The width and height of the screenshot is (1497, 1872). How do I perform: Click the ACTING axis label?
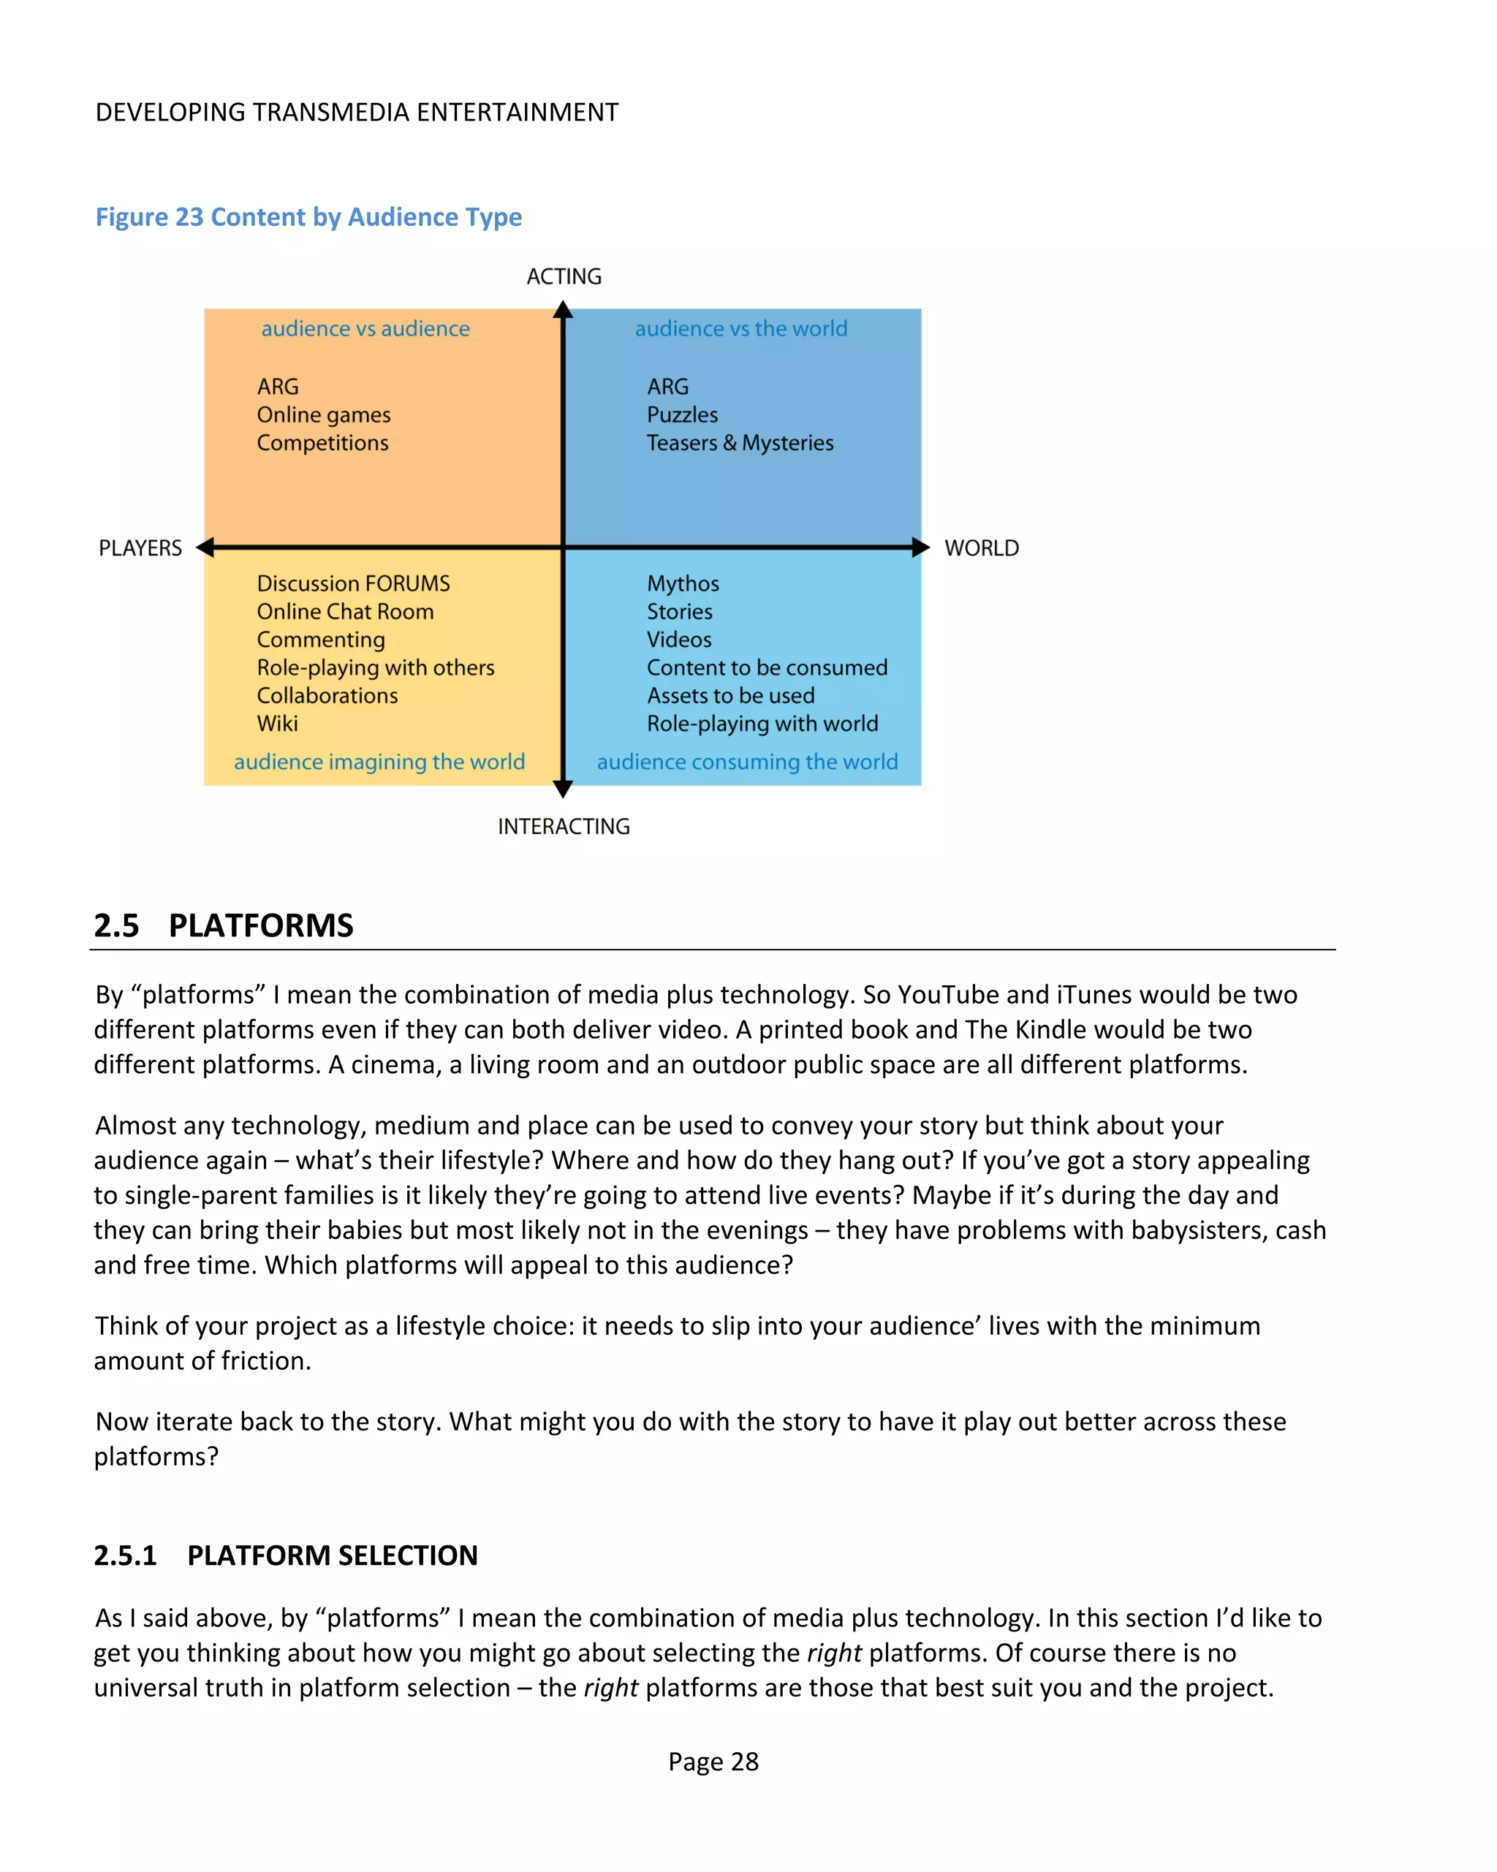click(564, 276)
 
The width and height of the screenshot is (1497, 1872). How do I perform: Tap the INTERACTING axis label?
click(564, 826)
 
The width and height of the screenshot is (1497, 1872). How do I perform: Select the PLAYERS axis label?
click(140, 548)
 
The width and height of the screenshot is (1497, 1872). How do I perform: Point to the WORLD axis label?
click(981, 548)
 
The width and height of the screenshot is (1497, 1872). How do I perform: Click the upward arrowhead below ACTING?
click(563, 310)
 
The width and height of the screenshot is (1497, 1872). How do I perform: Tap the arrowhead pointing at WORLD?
click(920, 547)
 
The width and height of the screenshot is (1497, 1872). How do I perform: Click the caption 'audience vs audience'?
click(365, 328)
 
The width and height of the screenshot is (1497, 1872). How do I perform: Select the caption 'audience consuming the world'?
click(747, 762)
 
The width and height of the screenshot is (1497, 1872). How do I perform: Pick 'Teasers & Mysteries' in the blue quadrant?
click(740, 443)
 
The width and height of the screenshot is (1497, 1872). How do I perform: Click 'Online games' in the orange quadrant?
click(323, 414)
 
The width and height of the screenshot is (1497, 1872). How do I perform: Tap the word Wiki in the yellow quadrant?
click(277, 723)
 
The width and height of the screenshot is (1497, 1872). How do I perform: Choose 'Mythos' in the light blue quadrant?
click(683, 583)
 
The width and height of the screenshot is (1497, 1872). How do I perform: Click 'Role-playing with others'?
click(375, 667)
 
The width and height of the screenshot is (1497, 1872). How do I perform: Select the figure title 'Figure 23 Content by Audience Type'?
click(308, 216)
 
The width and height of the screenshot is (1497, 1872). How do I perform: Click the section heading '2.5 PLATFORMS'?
click(224, 925)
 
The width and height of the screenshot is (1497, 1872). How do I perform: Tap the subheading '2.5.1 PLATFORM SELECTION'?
click(286, 1555)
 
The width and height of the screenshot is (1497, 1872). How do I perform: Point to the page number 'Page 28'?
click(713, 1761)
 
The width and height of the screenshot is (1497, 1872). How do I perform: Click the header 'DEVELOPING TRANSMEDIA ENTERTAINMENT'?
click(357, 112)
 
